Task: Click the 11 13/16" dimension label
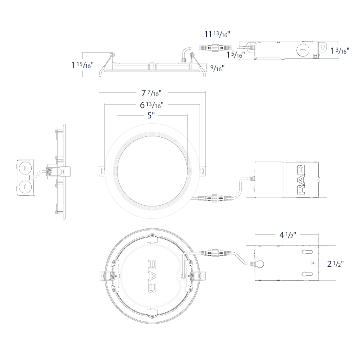pos(217,34)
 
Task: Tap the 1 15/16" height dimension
pos(82,65)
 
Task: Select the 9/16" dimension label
pos(217,68)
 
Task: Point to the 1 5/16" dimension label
pos(236,55)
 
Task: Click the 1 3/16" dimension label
pos(340,51)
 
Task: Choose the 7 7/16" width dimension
pos(151,93)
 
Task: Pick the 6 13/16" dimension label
pos(152,105)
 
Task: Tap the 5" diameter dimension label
pos(151,116)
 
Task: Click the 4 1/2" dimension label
pos(288,235)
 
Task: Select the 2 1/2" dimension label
pos(336,264)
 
